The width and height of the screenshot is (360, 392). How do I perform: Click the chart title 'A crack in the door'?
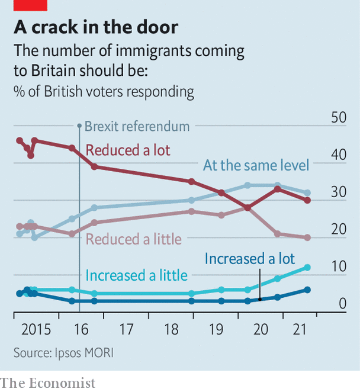coord(96,27)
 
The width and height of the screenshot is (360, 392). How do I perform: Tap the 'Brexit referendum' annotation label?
coord(137,126)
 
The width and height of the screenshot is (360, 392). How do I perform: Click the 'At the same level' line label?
coord(256,165)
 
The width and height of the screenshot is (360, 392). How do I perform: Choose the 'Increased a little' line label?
coord(136,275)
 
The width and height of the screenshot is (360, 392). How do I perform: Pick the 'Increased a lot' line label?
coord(249,259)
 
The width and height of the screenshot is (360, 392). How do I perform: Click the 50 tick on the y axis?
coord(338,118)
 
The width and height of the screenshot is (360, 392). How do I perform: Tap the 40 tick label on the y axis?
coord(338,155)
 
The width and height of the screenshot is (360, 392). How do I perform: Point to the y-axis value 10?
coord(338,267)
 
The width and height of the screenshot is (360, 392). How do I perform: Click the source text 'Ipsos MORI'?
coord(87,352)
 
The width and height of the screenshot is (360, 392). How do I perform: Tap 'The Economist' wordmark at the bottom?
coord(48,383)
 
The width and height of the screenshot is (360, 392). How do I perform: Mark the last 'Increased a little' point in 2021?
coord(307,267)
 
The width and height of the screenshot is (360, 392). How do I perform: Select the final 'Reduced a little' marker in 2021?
coord(307,237)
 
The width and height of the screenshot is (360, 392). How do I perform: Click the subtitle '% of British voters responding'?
coord(104,92)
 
